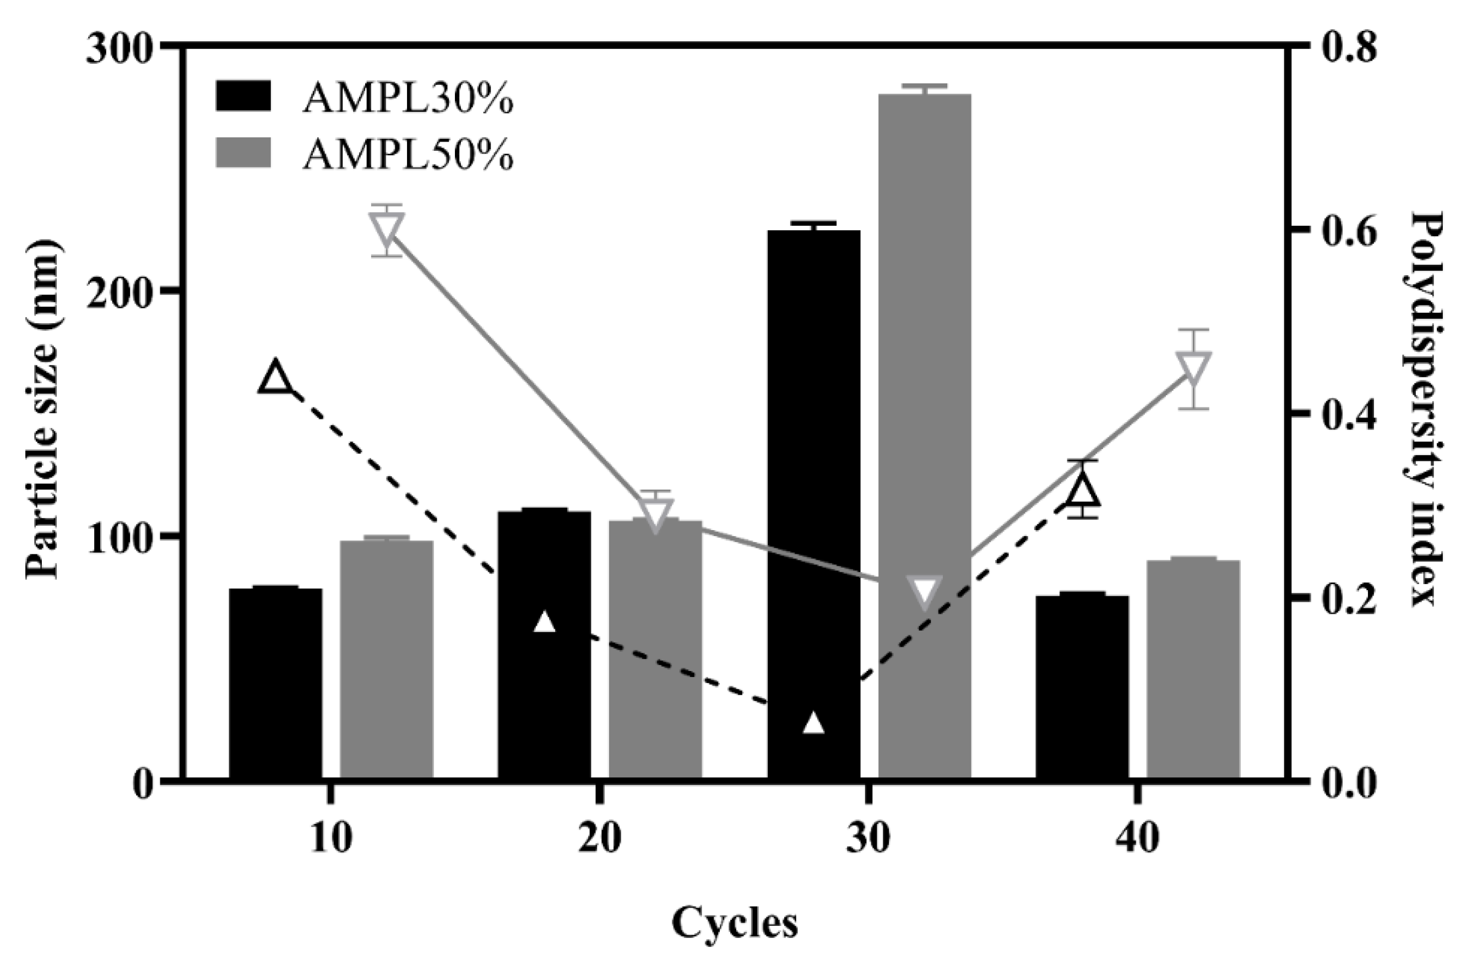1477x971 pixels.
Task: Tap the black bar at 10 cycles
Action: pos(275,683)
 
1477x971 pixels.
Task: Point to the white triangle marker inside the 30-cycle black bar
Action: pos(813,723)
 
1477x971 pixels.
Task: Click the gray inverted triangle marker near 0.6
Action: pos(386,230)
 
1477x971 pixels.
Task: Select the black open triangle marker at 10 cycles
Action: pos(275,377)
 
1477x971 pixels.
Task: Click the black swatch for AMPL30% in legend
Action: pos(244,96)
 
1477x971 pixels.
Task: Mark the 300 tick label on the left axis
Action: pos(119,48)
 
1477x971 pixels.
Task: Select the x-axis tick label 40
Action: pos(1137,838)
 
